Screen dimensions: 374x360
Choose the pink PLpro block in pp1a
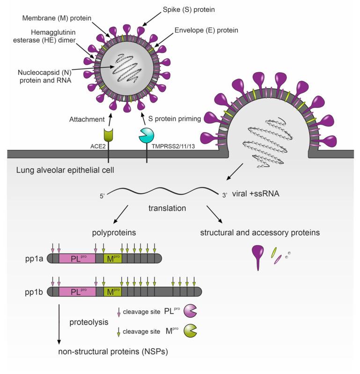76,258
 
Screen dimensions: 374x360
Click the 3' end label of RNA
224,194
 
